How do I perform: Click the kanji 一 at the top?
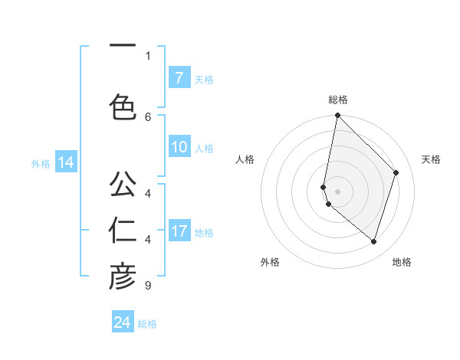point(122,46)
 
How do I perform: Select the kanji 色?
point(123,106)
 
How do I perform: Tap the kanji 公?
point(123,184)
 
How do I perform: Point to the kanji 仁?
point(123,230)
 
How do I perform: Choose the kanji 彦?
point(123,277)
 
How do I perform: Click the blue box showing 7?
point(179,78)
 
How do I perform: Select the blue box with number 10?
point(179,148)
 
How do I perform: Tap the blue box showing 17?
point(179,231)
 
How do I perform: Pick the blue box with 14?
point(65,162)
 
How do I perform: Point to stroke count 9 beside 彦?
point(147,286)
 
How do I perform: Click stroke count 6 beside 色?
point(148,116)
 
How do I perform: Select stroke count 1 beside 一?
point(148,55)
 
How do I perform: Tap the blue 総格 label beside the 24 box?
point(147,324)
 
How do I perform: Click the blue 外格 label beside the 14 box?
point(41,163)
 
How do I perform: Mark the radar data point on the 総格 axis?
point(337,116)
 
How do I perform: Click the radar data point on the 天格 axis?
point(396,172)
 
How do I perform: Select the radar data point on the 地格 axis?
point(373,242)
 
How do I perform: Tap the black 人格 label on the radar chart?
point(245,159)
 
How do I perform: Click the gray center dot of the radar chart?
point(337,191)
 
